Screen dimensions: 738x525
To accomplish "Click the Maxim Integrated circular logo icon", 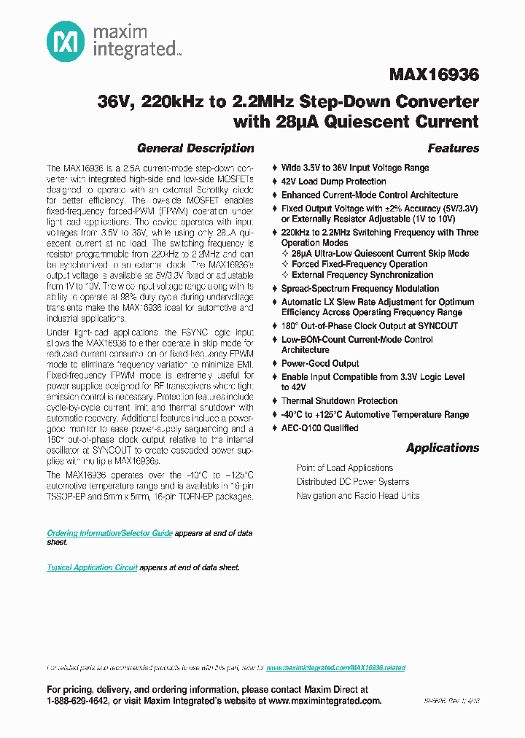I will [x=66, y=42].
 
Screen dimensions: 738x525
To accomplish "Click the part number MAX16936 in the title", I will [x=434, y=75].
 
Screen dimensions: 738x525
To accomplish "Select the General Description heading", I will [x=195, y=148].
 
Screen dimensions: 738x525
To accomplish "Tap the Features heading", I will [x=453, y=148].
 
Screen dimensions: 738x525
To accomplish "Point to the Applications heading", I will [x=443, y=448].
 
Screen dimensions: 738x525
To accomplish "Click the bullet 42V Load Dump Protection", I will [x=333, y=182].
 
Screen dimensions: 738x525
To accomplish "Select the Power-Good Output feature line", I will [x=320, y=364].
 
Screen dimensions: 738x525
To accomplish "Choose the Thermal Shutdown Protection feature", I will [x=339, y=401].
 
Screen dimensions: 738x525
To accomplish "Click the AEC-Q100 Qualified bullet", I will [x=319, y=428].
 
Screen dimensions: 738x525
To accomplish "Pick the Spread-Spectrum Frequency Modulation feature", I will [x=359, y=289].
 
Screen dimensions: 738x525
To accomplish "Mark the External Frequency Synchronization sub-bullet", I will [x=362, y=275].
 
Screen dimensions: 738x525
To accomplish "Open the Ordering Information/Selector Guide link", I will [x=109, y=533].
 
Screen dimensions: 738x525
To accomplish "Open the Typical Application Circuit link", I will [x=92, y=567].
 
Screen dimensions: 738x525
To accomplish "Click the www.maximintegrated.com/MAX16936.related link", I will [x=335, y=668].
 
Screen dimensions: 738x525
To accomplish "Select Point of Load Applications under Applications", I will [x=344, y=468].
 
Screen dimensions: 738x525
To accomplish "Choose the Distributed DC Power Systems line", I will [x=352, y=482].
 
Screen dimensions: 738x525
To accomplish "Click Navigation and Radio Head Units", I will [x=357, y=496].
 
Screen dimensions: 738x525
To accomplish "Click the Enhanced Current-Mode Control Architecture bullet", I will [x=369, y=195].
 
